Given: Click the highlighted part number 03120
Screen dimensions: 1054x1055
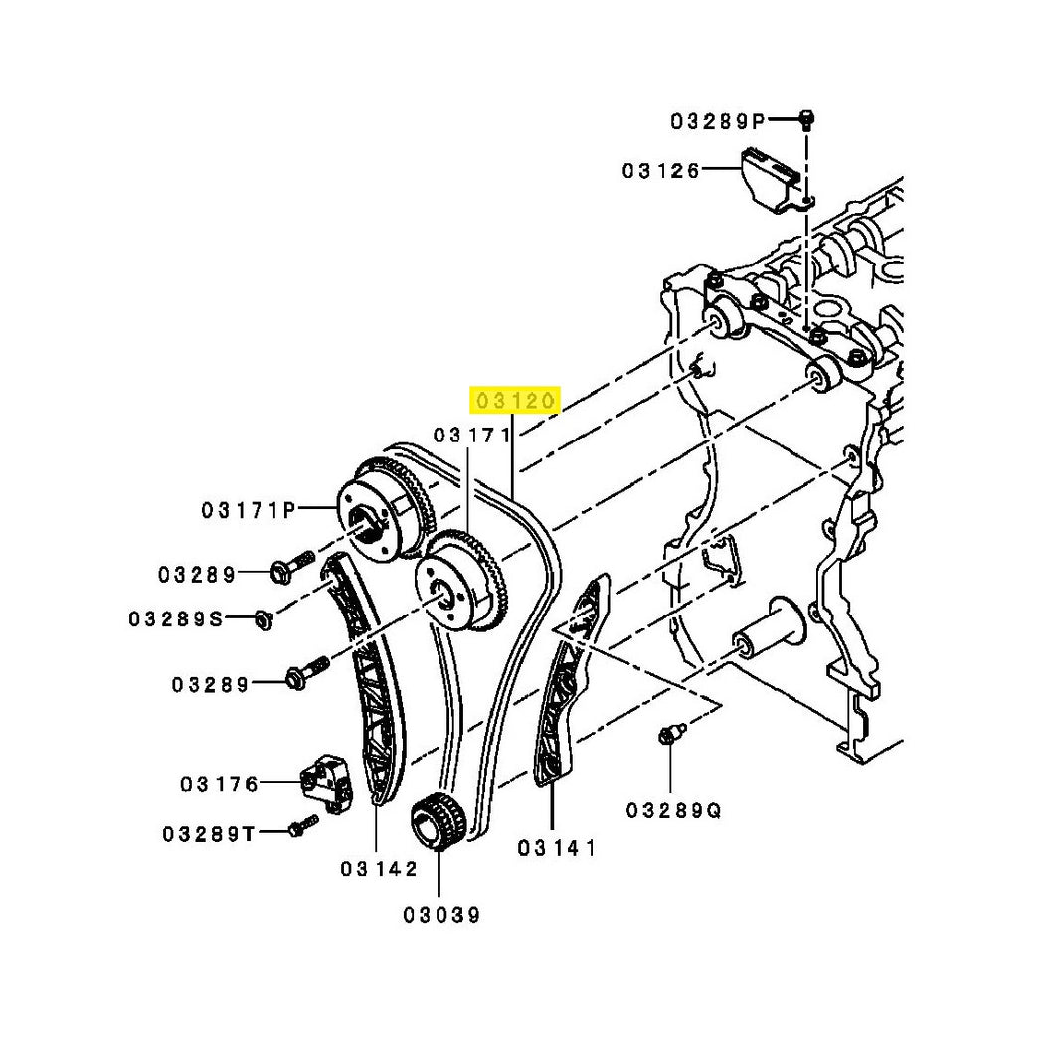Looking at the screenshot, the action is [515, 401].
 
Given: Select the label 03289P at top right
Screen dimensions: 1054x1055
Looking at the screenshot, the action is [718, 121].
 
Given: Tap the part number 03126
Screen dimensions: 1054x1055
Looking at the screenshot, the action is [661, 171].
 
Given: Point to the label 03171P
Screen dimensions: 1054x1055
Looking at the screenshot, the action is [249, 511].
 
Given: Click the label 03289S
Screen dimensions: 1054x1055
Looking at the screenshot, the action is [176, 619].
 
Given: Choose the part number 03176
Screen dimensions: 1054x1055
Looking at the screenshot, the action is [220, 785].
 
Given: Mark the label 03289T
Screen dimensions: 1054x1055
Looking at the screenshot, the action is [209, 835].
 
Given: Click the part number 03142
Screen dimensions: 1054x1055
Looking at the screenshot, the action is [380, 869].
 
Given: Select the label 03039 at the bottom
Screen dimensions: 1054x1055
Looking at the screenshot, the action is [442, 915].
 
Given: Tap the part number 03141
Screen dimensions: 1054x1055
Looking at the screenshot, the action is [557, 848].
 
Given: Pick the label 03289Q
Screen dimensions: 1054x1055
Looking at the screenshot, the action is [674, 811].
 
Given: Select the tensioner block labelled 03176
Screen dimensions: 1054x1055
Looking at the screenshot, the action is [326, 784].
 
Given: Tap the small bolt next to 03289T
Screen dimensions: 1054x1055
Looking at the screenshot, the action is [303, 825].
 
